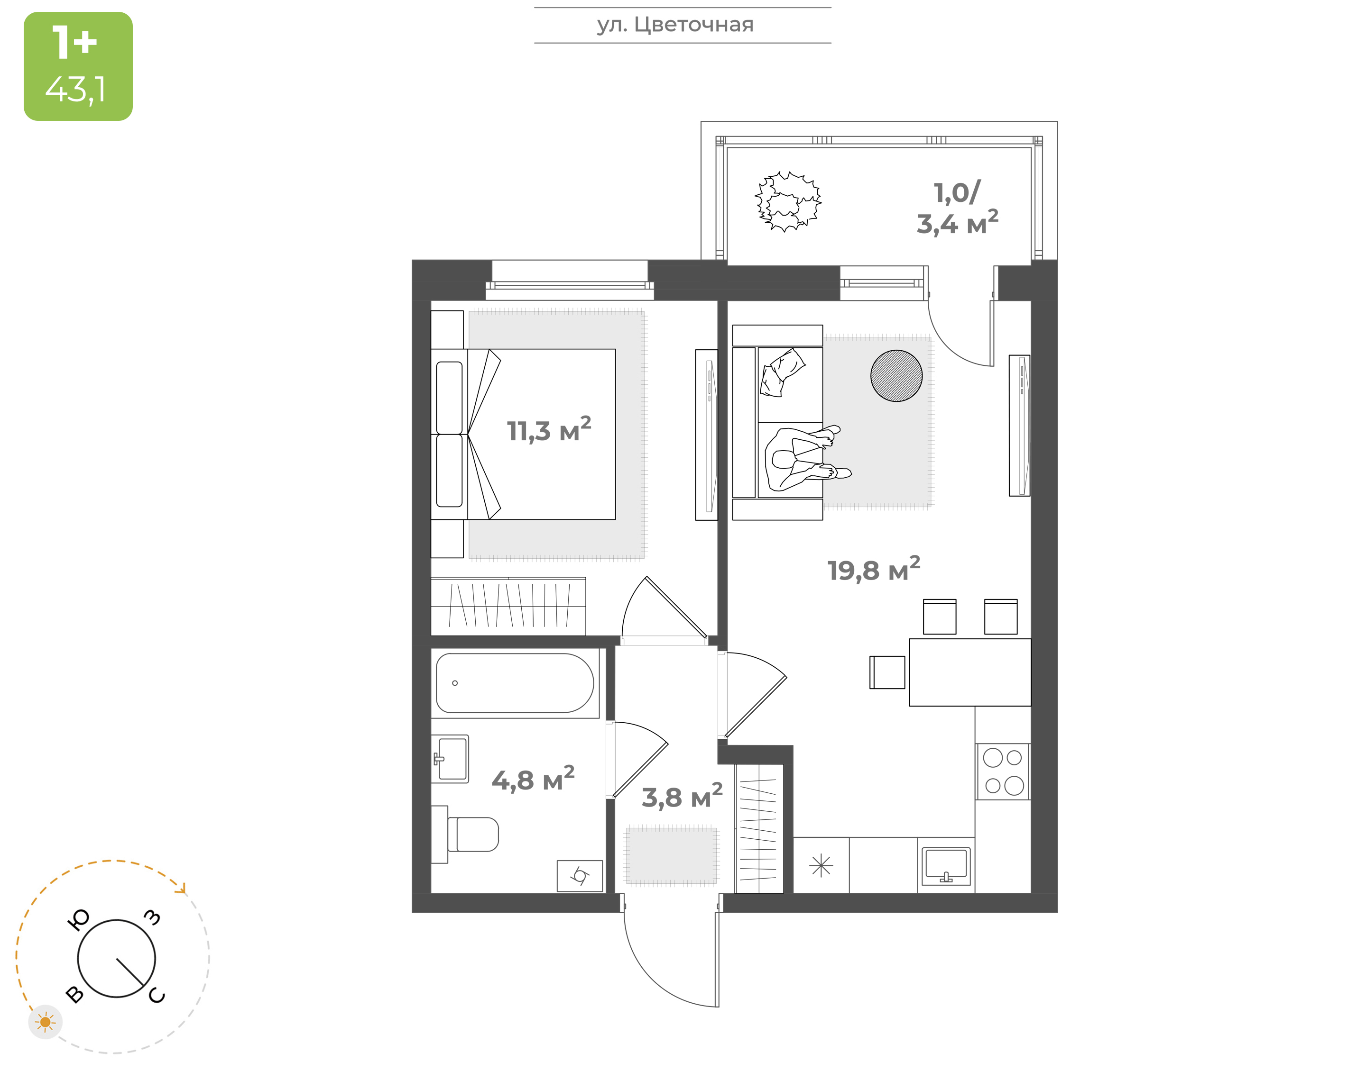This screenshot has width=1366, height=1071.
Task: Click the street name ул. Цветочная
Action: (x=675, y=25)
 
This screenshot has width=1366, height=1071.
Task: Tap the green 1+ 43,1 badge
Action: (x=78, y=66)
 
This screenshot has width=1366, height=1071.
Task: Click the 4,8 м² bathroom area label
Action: (x=533, y=780)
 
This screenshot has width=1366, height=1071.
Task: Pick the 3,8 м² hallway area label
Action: (x=682, y=796)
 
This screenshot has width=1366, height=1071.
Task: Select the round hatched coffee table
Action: (x=896, y=376)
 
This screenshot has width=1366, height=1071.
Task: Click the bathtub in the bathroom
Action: (x=515, y=683)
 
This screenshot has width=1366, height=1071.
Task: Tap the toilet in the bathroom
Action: (x=466, y=834)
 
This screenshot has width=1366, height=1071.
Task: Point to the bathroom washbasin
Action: (x=451, y=759)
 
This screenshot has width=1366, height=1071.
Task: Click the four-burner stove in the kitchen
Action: (x=1003, y=771)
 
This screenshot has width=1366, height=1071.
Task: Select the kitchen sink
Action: (x=946, y=865)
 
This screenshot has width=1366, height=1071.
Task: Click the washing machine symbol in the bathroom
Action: (x=580, y=875)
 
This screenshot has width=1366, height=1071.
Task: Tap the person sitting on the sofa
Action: (x=806, y=458)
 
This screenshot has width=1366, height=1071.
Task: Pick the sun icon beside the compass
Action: (x=45, y=1022)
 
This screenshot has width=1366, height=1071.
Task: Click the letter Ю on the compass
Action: (x=78, y=920)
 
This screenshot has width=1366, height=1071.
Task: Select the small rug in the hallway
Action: (x=671, y=856)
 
